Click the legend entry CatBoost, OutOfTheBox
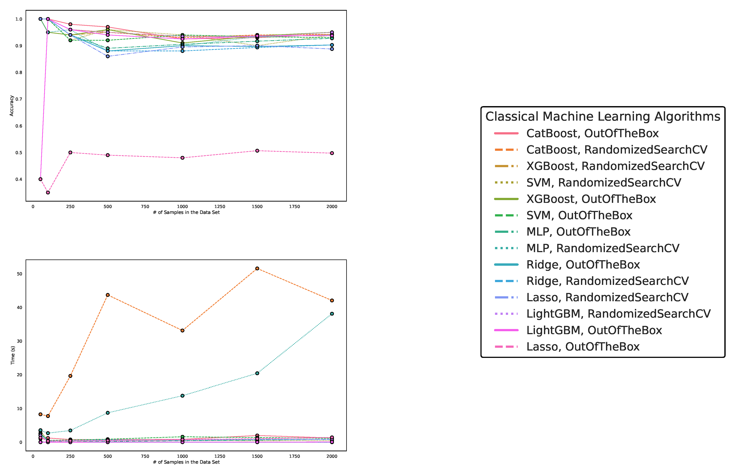[x=592, y=133]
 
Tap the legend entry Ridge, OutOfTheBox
[x=583, y=264]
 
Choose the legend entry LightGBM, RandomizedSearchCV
[x=618, y=314]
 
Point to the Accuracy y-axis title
[x=12, y=106]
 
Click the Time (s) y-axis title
[x=13, y=355]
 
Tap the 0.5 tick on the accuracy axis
[x=19, y=153]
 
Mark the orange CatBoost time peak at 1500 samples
[x=257, y=268]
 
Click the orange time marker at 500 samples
[x=108, y=295]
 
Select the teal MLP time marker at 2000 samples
[x=332, y=314]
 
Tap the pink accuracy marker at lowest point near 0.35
[x=48, y=193]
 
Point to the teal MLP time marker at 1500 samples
[x=257, y=373]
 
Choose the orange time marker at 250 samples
[x=70, y=376]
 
